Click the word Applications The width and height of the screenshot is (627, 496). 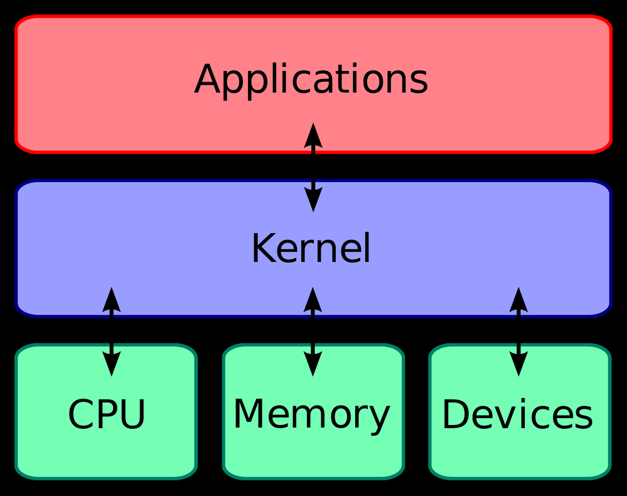click(x=311, y=80)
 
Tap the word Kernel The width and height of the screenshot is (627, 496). click(x=311, y=247)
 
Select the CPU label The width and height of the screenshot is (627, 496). click(x=106, y=414)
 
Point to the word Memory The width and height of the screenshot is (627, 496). click(x=311, y=416)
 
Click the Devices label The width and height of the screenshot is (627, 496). click(x=517, y=414)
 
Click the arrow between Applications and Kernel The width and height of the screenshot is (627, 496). click(x=313, y=167)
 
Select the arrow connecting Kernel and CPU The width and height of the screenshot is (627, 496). click(x=112, y=332)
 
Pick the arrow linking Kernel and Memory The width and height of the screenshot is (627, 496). click(x=313, y=332)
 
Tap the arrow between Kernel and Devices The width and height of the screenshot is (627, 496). click(x=518, y=332)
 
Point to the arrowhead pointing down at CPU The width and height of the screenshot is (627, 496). click(x=112, y=364)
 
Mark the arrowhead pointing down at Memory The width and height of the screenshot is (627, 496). click(x=313, y=364)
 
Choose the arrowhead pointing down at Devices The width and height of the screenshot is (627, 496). click(x=518, y=364)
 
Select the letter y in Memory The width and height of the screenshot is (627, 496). click(x=378, y=420)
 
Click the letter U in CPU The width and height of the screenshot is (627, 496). click(x=131, y=414)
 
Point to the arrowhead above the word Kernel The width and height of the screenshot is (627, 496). click(x=313, y=199)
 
